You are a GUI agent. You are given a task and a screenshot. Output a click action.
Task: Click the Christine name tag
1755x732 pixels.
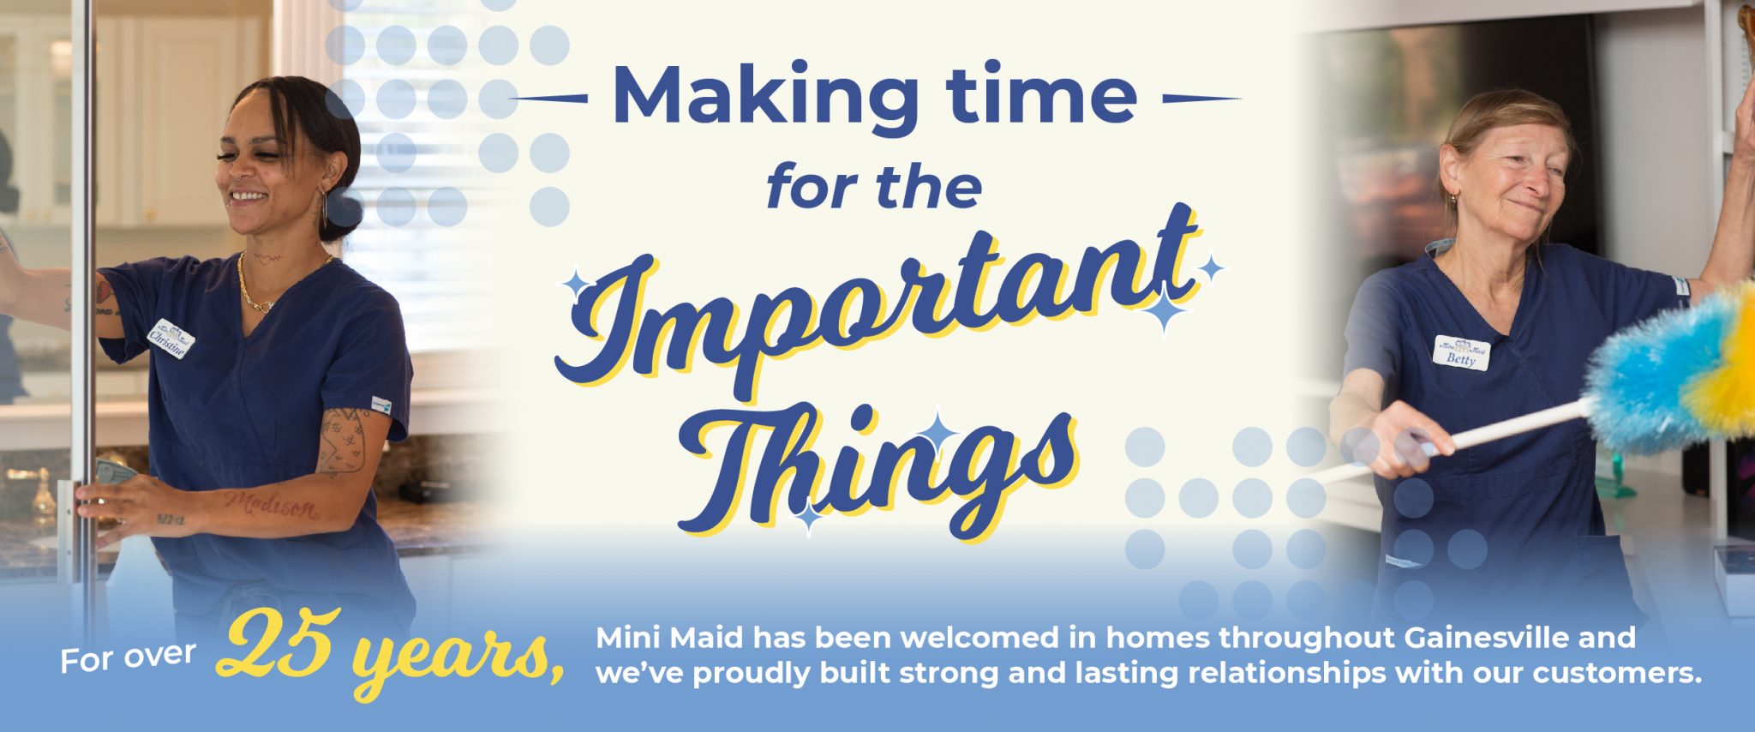[x=171, y=339]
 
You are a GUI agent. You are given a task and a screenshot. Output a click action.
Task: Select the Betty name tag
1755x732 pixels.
[x=1461, y=352]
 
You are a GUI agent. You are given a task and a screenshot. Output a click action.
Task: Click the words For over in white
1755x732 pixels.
[x=128, y=658]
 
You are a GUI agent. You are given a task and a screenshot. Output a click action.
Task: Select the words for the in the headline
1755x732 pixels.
[x=874, y=188]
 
